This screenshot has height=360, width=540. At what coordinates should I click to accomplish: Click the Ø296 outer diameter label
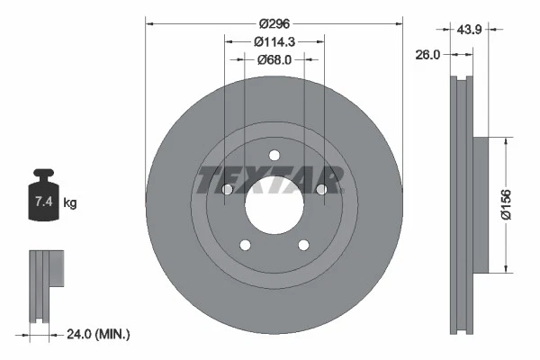(274, 24)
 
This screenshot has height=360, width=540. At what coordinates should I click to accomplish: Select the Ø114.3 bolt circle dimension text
(274, 41)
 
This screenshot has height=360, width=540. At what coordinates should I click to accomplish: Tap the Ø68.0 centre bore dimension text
(274, 59)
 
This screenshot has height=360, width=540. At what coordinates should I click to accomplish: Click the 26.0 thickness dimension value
(427, 54)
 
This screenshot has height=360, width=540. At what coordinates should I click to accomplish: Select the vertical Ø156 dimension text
(506, 203)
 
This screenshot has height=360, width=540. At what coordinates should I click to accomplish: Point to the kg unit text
(70, 203)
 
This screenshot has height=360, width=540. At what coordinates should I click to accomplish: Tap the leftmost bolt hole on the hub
(227, 189)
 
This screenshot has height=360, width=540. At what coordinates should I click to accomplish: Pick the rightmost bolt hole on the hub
(321, 189)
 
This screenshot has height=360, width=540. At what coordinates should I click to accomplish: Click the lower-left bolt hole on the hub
(244, 244)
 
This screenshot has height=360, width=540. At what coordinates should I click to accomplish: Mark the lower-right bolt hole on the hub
(303, 244)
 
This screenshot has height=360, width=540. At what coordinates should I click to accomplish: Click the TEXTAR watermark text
(270, 179)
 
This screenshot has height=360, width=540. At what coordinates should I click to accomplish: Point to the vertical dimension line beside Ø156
(513, 203)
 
